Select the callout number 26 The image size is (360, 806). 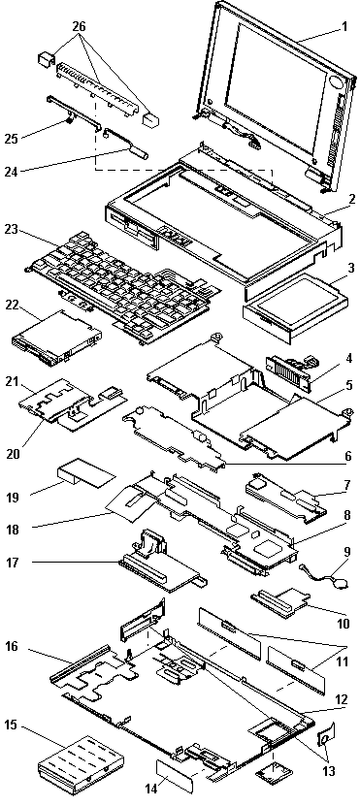(79, 26)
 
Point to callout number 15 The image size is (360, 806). (12, 725)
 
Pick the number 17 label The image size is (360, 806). (13, 563)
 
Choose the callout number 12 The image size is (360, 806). (341, 699)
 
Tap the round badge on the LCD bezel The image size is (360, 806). (336, 82)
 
